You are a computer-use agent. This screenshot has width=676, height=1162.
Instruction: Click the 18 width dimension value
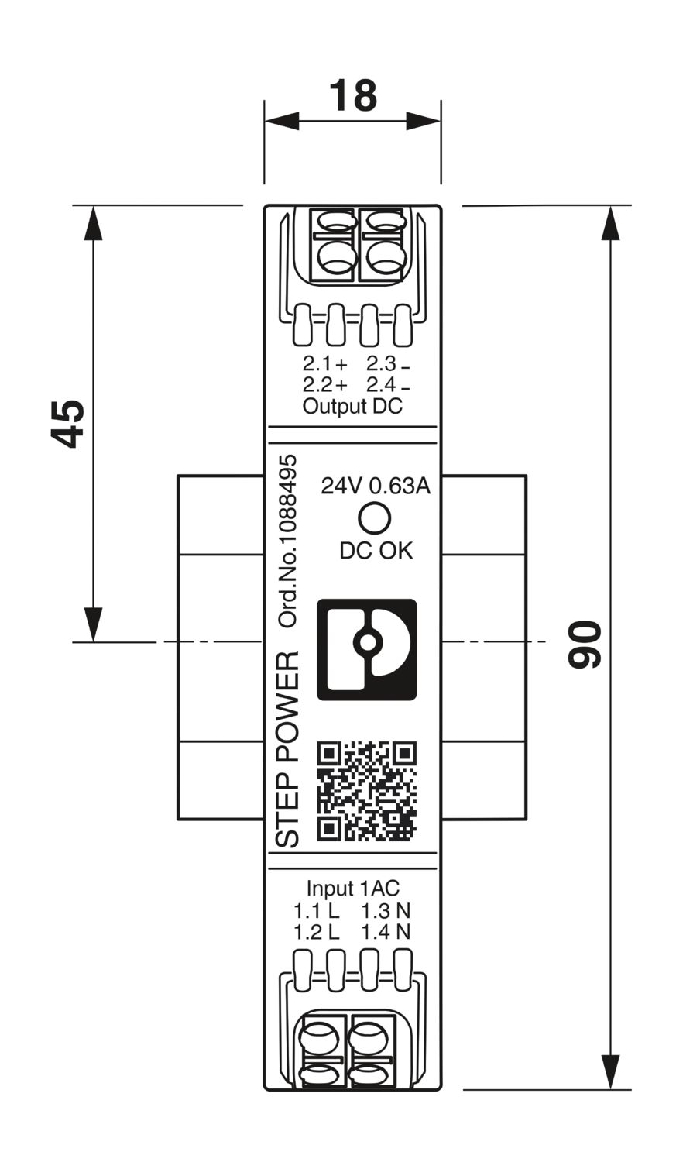[353, 96]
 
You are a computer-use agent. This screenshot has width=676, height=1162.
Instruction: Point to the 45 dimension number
[69, 424]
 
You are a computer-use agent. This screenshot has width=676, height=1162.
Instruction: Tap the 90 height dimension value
[585, 644]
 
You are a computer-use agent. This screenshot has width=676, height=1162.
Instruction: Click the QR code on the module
[367, 791]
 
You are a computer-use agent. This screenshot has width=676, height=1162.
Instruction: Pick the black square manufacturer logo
[367, 649]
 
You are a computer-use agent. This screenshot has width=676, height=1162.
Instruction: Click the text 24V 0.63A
[376, 486]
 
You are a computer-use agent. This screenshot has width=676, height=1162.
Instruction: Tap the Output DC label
[352, 406]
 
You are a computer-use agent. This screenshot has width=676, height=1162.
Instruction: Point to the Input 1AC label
[353, 889]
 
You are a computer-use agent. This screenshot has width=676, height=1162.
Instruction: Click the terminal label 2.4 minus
[388, 385]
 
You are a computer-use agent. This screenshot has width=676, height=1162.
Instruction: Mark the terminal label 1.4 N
[386, 932]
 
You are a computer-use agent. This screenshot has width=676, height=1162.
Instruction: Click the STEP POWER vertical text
[287, 749]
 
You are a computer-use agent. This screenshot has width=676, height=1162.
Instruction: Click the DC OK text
[376, 551]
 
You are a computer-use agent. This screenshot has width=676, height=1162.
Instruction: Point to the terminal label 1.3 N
[386, 910]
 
